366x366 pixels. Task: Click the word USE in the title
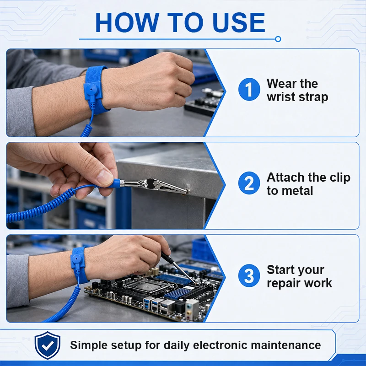(x=239, y=22)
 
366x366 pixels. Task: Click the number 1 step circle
(x=249, y=89)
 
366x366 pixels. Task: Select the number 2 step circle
(x=249, y=183)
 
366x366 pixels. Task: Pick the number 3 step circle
(x=249, y=276)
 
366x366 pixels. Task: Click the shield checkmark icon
(x=48, y=345)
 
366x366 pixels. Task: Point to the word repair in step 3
(x=283, y=283)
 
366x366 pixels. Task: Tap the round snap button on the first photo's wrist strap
(x=92, y=89)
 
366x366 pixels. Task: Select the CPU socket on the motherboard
(x=146, y=285)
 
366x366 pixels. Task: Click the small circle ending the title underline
(x=278, y=39)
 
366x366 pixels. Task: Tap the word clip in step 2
(x=340, y=178)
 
